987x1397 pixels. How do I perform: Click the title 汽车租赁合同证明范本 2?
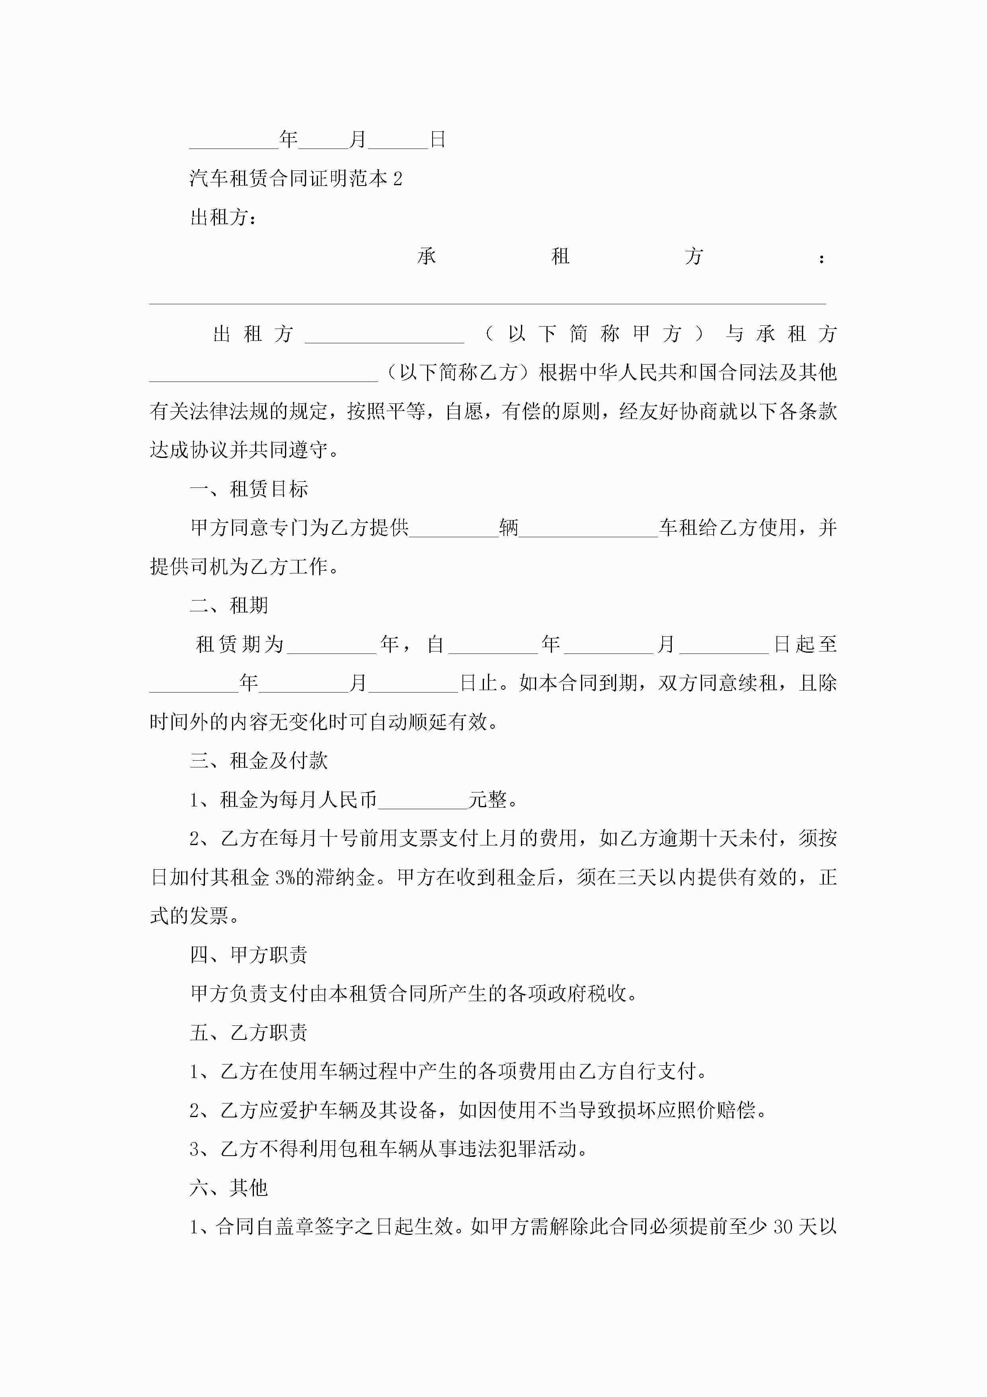pos(296,178)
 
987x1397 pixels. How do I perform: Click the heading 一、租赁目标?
pos(249,489)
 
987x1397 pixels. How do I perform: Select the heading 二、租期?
pos(229,605)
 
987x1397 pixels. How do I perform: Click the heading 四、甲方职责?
pos(249,955)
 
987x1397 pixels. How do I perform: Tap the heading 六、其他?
pos(229,1188)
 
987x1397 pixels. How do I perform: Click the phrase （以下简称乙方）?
pos(458,372)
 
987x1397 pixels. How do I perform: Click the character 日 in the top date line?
pos(438,140)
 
